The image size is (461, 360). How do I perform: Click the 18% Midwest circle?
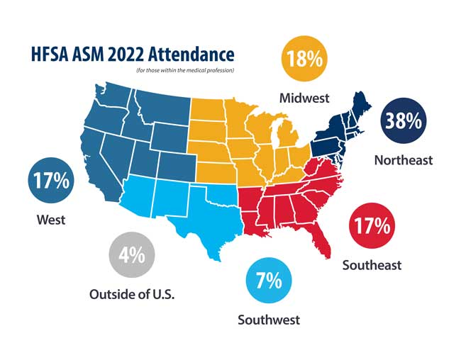point(304,59)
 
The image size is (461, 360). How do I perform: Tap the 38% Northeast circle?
point(404,120)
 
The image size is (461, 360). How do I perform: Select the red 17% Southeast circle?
point(372,225)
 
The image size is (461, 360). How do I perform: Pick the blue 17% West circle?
point(51,180)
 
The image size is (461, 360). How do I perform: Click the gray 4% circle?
point(132,255)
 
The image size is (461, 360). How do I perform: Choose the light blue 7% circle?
point(269,281)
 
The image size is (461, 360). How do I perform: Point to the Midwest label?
point(304,99)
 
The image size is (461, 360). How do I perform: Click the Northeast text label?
point(404,160)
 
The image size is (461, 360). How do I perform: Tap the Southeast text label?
point(372,265)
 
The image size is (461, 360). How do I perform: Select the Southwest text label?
point(269,320)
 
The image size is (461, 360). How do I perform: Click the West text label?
point(51,220)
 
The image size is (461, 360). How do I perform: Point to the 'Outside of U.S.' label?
point(132,294)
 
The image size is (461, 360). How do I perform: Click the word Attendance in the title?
point(191,55)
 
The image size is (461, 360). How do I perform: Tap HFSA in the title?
point(49,55)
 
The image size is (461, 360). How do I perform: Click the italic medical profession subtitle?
point(185,71)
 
